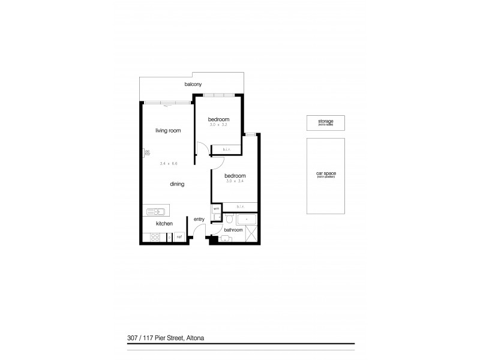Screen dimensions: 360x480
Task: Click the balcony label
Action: point(193,85)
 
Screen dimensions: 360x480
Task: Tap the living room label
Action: point(169,130)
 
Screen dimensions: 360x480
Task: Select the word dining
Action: point(176,184)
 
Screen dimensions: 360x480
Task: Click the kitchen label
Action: point(164,224)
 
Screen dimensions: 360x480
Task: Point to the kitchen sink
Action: point(156,211)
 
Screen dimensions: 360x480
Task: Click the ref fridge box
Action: point(179,238)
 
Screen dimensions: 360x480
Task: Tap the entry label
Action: point(199,220)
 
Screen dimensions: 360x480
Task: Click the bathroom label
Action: point(233,230)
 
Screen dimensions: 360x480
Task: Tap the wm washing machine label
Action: point(216,209)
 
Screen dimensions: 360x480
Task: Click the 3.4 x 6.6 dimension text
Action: point(169,163)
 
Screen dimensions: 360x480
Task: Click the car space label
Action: point(326,175)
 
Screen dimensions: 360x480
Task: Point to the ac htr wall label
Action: point(147,153)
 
